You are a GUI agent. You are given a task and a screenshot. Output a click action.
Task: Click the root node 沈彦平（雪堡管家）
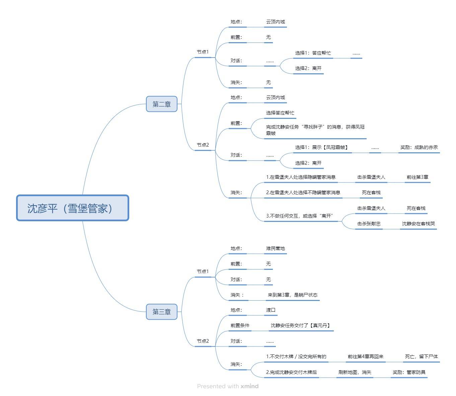(x=73, y=208)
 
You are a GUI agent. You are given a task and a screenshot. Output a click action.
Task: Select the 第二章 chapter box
(x=161, y=104)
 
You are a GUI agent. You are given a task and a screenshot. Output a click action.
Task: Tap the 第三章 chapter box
(x=161, y=312)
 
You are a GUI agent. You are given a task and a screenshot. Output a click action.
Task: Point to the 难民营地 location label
(x=275, y=248)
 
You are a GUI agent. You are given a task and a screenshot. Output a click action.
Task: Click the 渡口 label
(x=271, y=310)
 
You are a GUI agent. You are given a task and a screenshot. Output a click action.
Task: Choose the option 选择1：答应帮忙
(x=313, y=53)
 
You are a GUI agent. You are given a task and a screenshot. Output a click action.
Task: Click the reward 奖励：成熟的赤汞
(x=419, y=147)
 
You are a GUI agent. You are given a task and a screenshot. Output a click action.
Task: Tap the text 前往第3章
(x=417, y=177)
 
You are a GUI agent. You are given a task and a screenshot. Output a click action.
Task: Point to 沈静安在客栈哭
(x=418, y=224)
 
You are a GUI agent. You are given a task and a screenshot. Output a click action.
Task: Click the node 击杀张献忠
(x=369, y=224)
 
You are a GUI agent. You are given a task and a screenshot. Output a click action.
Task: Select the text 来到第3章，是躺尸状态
(x=292, y=295)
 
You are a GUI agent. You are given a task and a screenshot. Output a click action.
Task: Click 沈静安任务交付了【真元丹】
(x=301, y=325)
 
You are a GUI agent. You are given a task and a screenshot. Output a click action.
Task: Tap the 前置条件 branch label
(x=240, y=325)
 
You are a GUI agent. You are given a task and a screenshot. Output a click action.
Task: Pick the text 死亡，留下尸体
(x=421, y=357)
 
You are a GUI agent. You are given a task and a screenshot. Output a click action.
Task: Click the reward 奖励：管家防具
(x=409, y=372)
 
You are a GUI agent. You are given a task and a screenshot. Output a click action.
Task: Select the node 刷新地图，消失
(x=355, y=372)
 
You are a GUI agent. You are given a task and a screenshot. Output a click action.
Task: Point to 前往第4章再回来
(x=365, y=357)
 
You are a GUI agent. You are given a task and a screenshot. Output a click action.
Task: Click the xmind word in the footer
(x=249, y=386)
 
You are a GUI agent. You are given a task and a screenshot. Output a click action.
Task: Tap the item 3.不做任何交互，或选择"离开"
(x=299, y=216)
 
